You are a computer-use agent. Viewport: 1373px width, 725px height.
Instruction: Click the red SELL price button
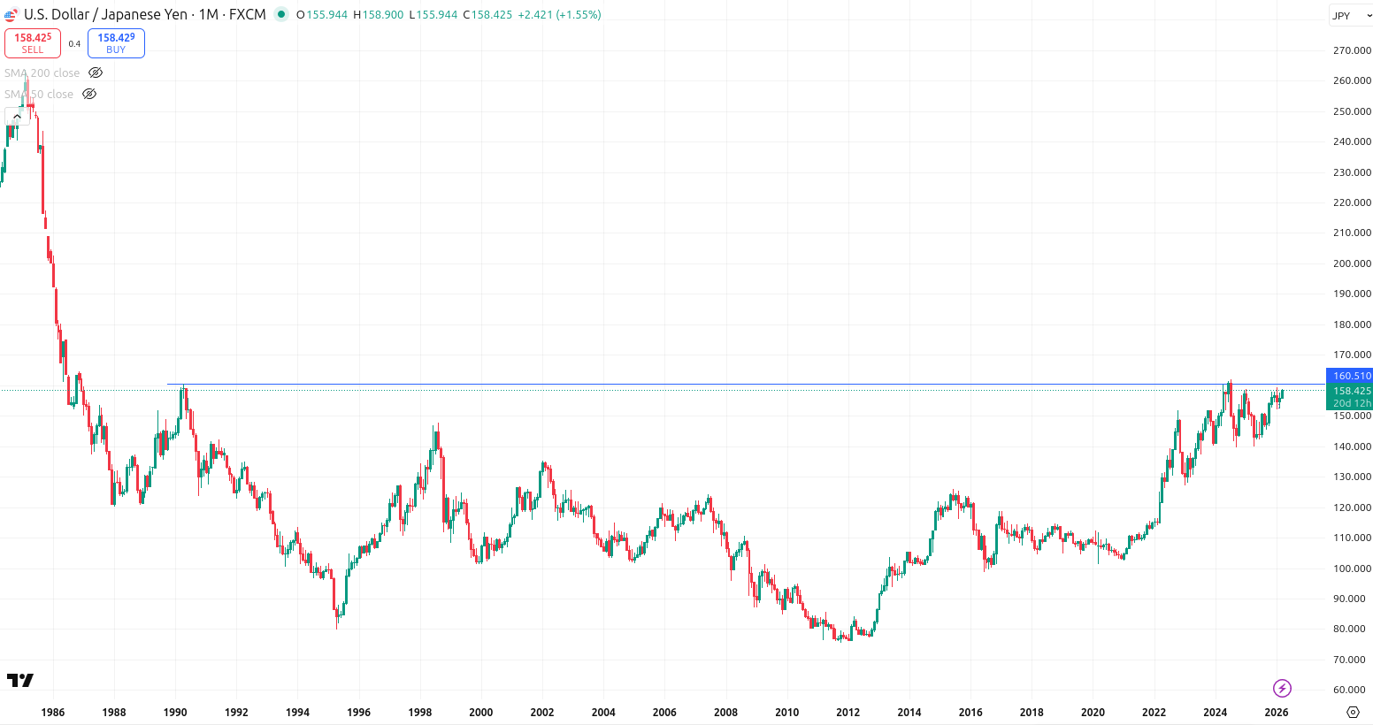point(33,43)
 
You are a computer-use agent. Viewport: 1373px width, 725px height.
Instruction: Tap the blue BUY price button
point(116,43)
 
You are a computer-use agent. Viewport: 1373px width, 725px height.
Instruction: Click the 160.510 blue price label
point(1351,376)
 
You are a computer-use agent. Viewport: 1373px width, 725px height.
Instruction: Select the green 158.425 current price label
point(1351,391)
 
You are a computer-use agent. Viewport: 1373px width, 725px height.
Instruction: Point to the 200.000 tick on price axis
point(1351,263)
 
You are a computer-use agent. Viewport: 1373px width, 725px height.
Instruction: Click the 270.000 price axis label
point(1351,50)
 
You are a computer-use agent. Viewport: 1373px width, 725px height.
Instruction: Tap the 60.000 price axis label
point(1351,690)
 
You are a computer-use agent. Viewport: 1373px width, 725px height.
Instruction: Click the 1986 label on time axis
point(53,712)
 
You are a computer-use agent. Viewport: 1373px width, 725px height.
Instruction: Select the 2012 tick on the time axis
point(848,712)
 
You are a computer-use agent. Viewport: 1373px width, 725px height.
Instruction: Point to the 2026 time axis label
point(1276,712)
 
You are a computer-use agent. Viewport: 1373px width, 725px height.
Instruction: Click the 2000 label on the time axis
point(480,712)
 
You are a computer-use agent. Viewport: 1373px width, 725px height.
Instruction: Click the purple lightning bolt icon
point(1282,688)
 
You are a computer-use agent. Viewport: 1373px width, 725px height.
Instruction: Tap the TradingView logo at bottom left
point(19,680)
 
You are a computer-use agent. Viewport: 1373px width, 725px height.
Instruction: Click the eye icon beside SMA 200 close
point(96,72)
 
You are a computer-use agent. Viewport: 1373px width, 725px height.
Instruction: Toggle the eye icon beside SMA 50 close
point(89,94)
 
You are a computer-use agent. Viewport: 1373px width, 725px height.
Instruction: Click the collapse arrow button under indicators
point(17,117)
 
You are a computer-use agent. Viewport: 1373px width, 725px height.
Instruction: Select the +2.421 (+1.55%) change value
point(559,15)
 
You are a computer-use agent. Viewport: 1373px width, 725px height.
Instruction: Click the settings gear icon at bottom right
point(1353,712)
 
